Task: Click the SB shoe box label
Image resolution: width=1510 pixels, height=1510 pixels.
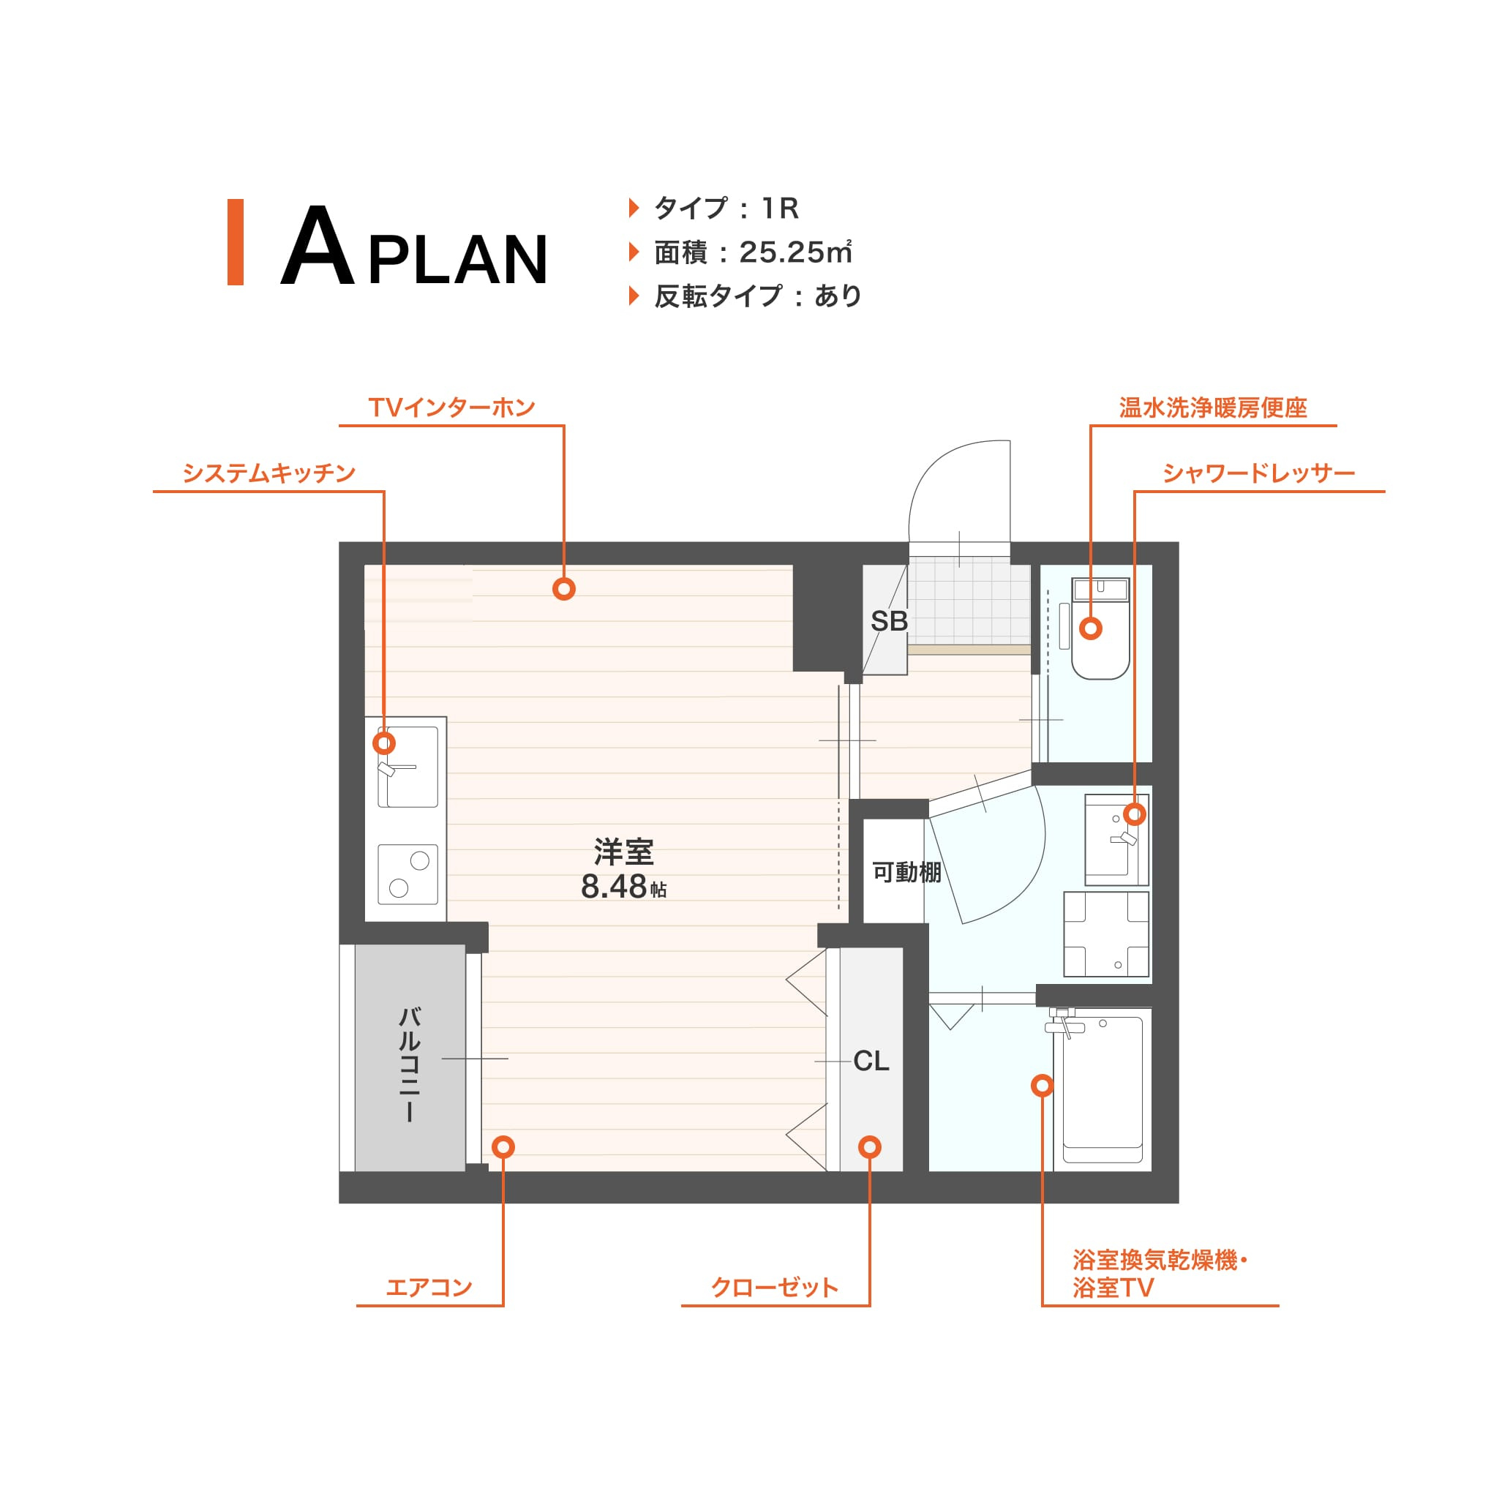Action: coord(889,621)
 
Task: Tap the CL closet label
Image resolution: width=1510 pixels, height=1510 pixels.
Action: coord(871,1061)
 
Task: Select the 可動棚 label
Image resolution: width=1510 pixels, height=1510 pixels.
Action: coord(906,871)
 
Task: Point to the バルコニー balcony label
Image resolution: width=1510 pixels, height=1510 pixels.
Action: coord(410,1065)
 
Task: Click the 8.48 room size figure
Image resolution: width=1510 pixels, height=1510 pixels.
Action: coord(614,886)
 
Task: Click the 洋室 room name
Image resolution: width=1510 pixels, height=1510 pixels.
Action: coord(624,850)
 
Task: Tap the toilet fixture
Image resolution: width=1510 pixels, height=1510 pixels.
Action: coord(1100,628)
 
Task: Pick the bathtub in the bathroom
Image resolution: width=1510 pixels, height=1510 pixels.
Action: coord(1102,1090)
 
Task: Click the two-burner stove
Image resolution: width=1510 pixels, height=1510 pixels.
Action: coord(408,874)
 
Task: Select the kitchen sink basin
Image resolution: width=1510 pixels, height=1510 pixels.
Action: coord(408,767)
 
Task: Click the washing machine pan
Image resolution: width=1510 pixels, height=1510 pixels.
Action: coord(1106,934)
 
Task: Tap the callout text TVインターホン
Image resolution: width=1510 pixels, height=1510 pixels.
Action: coord(451,407)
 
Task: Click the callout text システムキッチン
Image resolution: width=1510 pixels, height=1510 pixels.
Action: coord(269,473)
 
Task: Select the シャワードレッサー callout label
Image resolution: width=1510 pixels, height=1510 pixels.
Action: coord(1258,473)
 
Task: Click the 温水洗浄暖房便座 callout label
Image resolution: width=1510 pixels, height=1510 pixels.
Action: coord(1213,407)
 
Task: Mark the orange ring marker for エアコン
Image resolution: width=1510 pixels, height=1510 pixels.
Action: coord(503,1146)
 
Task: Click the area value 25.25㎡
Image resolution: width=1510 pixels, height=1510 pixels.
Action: coord(795,252)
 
